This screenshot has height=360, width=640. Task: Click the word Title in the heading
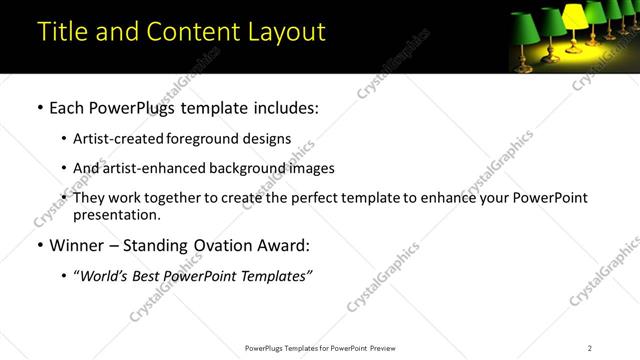pos(61,31)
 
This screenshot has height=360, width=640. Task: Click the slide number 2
pos(589,348)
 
